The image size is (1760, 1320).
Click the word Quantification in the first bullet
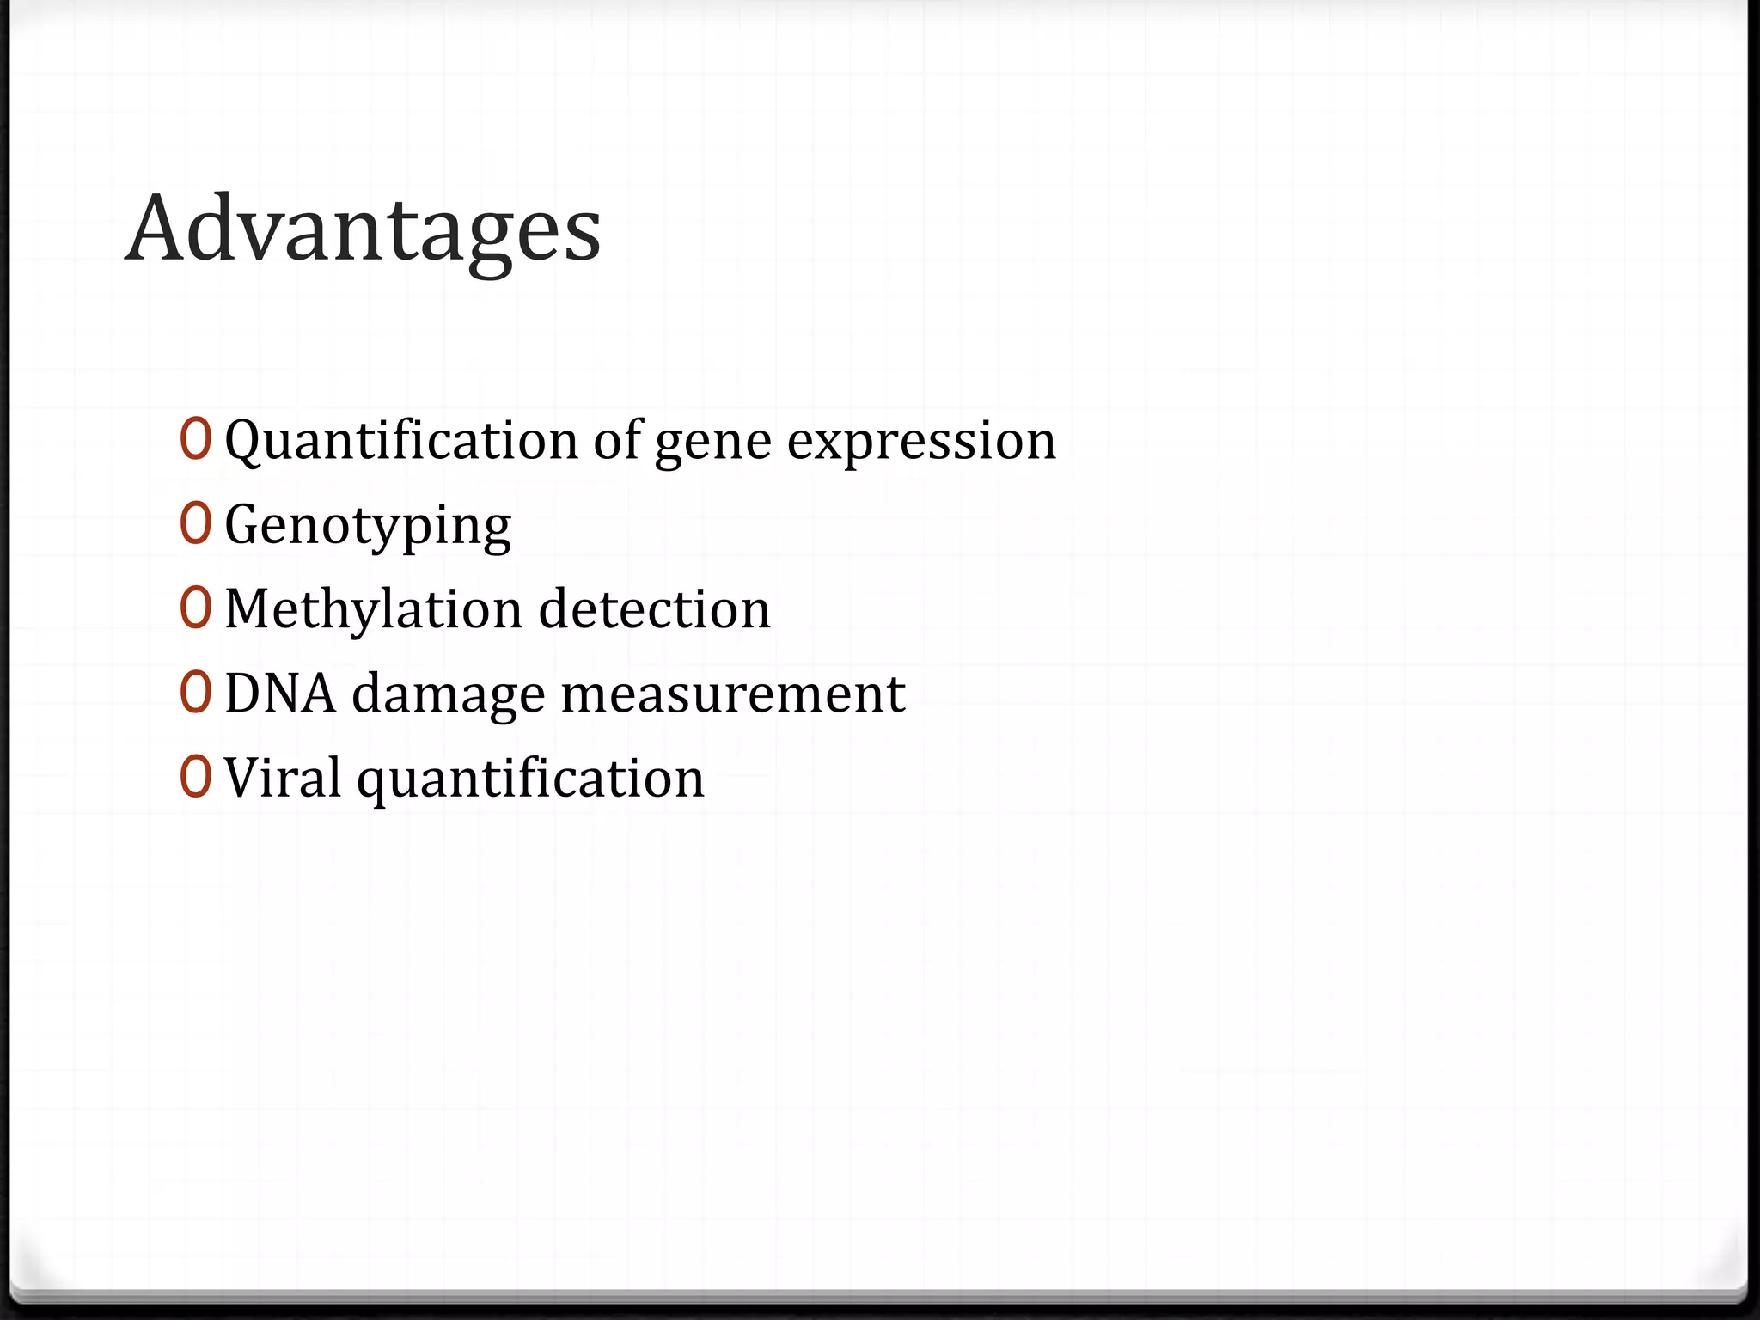[x=401, y=440]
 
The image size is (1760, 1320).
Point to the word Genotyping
[x=368, y=526]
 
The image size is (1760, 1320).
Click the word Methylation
[x=373, y=609]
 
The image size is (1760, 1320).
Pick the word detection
[x=654, y=609]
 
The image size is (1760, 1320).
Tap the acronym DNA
[x=280, y=694]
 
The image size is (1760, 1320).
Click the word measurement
[x=733, y=694]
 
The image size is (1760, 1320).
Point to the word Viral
[x=283, y=778]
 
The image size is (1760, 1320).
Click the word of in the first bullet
[x=616, y=440]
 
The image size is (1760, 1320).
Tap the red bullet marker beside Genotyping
[x=195, y=523]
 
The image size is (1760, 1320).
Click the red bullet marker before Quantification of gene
[x=195, y=439]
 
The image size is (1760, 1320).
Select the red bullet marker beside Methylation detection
[x=195, y=608]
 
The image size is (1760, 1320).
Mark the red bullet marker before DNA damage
[x=195, y=693]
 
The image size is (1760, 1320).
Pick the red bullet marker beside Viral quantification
[x=195, y=777]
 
